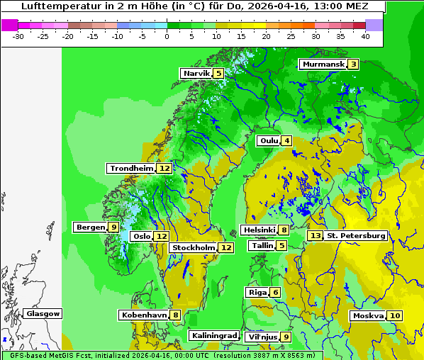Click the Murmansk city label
(323, 64)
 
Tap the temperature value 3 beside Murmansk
(353, 64)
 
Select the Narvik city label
(196, 74)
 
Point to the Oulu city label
(269, 140)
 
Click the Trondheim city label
(131, 169)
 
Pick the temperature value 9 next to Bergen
(113, 227)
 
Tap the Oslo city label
(142, 237)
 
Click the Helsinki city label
(259, 230)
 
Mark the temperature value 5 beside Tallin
(282, 246)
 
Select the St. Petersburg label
(356, 235)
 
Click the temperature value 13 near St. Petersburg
(315, 235)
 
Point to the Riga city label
(257, 293)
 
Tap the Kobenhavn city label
(144, 315)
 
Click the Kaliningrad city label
(213, 336)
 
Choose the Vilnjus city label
(261, 337)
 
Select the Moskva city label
(368, 316)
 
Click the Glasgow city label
(43, 314)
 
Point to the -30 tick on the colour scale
(20, 35)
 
